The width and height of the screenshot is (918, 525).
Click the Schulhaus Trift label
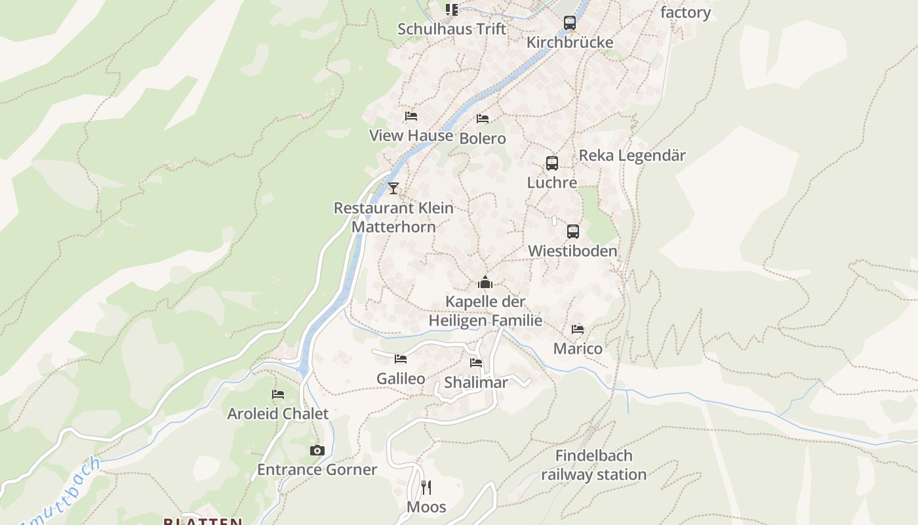(452, 29)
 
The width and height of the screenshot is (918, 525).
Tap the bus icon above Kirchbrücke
(570, 22)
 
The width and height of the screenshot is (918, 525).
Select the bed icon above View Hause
(411, 116)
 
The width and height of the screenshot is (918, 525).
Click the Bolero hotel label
(483, 138)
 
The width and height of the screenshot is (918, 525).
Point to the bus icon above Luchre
(552, 163)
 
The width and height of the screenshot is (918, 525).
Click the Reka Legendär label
(632, 156)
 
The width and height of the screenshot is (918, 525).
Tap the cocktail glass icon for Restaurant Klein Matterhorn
(393, 188)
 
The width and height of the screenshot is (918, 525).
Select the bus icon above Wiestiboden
(573, 231)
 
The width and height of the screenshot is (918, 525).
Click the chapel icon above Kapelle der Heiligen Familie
(485, 283)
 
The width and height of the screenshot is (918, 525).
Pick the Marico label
(578, 348)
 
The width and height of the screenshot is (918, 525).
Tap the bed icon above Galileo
(401, 358)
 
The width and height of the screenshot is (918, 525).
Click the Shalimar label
(476, 383)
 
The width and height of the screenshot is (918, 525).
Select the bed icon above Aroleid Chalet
(278, 394)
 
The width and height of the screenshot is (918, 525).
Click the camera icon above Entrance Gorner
(317, 450)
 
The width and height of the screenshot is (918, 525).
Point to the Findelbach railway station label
(593, 465)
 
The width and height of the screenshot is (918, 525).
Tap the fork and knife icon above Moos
(426, 487)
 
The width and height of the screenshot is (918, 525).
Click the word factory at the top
(685, 12)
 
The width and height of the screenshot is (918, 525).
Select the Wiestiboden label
(572, 251)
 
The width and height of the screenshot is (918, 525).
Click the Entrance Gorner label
(317, 470)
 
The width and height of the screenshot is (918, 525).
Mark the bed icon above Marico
(578, 329)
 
